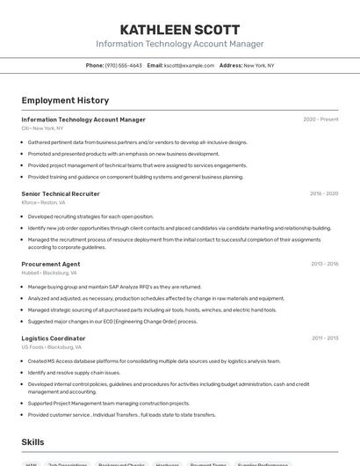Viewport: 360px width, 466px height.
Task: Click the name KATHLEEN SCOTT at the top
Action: coord(179,29)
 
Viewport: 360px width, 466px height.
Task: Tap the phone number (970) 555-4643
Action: coord(124,65)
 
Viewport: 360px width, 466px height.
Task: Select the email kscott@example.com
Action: coord(189,65)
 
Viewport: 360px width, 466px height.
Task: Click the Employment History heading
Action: coord(65,100)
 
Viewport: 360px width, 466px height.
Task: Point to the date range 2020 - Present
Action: coord(320,120)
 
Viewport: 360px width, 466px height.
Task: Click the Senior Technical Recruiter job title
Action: coord(61,193)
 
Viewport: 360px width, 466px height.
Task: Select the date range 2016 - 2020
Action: coord(324,193)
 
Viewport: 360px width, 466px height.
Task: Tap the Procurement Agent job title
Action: coord(51,264)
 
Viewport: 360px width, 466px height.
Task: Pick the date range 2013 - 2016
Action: coord(324,264)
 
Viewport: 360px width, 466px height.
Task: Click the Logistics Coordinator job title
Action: coord(54,339)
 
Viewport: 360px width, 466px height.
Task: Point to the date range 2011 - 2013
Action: coord(325,339)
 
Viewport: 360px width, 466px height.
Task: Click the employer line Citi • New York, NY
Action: coord(42,128)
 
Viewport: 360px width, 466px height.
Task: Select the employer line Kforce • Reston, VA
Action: coord(43,202)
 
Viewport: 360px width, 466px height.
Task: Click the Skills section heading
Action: coord(32,442)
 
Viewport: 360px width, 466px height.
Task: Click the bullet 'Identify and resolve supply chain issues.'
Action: coord(74,372)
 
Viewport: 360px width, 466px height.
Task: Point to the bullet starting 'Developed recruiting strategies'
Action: coord(90,215)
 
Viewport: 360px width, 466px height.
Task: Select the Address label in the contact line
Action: coord(231,65)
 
